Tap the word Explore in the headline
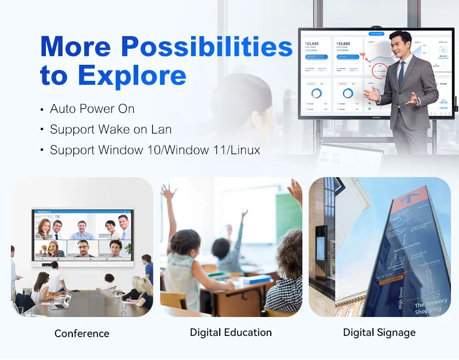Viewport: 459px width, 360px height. (x=132, y=75)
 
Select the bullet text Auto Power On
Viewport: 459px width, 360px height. (x=92, y=109)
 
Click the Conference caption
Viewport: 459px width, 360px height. (x=81, y=333)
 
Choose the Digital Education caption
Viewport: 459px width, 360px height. (x=231, y=332)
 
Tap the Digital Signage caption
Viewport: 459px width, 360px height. (x=379, y=332)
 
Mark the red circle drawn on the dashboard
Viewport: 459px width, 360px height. (x=380, y=72)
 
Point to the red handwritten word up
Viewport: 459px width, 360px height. (x=363, y=56)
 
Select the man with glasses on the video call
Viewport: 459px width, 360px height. (x=84, y=248)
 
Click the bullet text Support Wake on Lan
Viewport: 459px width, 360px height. (x=111, y=130)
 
